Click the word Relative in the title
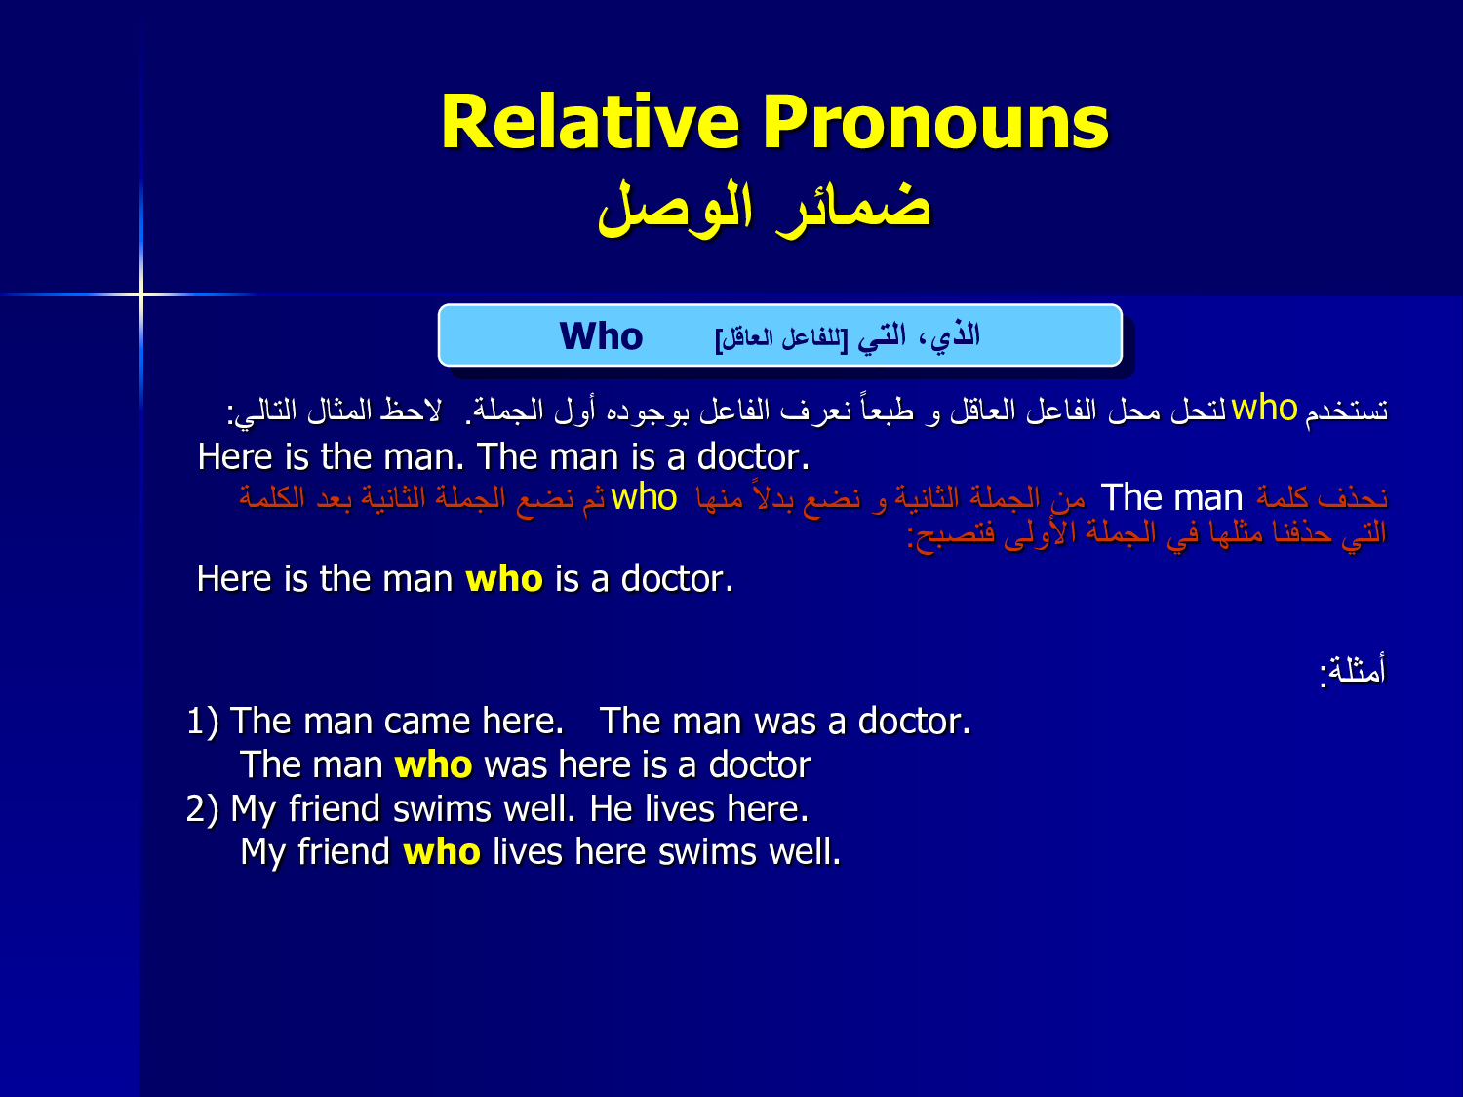(590, 123)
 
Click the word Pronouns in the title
(935, 123)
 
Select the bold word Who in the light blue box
(601, 335)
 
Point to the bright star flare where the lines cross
(141, 294)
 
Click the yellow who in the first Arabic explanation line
(1264, 407)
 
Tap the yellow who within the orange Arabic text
(644, 497)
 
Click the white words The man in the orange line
(1171, 497)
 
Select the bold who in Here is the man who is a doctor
(504, 578)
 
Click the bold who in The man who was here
(433, 764)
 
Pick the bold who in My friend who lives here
(442, 852)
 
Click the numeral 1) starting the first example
(203, 722)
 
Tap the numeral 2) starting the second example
(203, 809)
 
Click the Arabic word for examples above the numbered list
(1353, 669)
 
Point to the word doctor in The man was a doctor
(915, 721)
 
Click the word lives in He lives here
(680, 808)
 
